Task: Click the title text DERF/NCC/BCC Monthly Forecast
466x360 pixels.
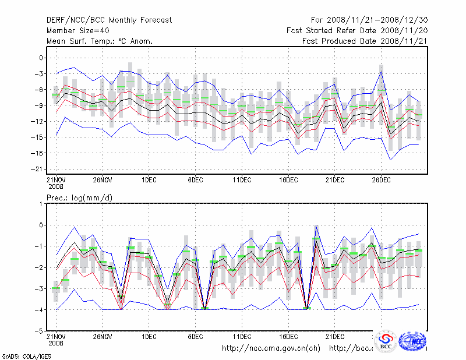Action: [x=109, y=20]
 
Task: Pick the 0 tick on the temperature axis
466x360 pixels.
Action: [x=41, y=58]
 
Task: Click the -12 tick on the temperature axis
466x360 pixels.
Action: [x=38, y=121]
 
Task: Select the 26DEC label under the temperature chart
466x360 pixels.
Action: [x=381, y=179]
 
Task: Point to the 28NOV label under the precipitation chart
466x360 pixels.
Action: [x=102, y=336]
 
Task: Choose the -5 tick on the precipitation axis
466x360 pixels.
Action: [x=40, y=331]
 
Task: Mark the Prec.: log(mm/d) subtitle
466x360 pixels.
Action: [x=79, y=198]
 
